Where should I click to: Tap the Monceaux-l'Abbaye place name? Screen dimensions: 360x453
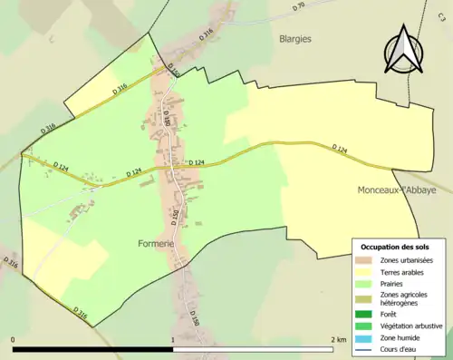[x=397, y=190]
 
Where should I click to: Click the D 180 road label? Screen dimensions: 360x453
[x=166, y=117]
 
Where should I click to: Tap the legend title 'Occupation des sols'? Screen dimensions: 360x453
[x=395, y=247]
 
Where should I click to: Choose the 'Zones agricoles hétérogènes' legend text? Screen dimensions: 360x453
[x=404, y=298]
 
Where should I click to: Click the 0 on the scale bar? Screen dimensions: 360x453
[x=14, y=340]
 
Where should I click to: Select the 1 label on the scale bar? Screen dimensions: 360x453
[x=172, y=340]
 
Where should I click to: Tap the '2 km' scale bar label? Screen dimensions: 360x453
[x=339, y=340]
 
